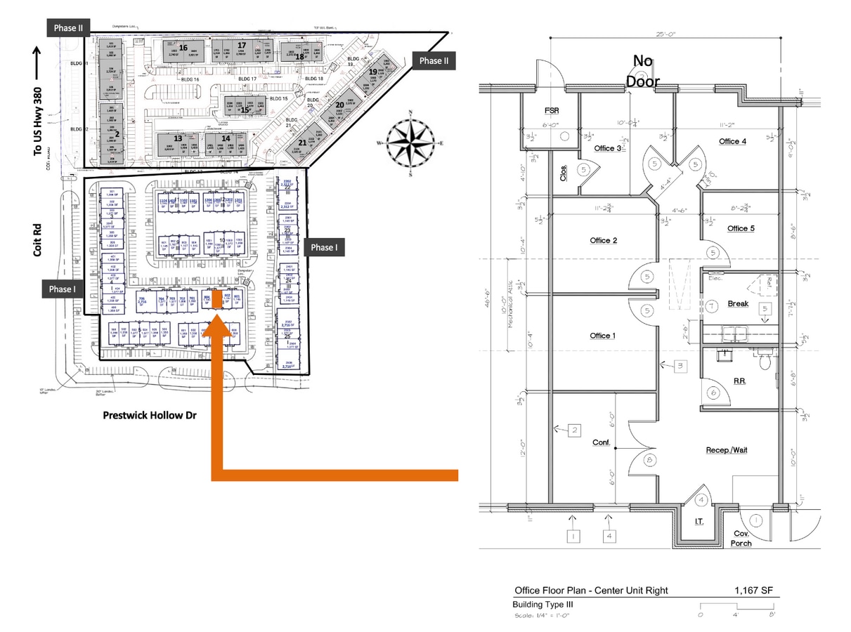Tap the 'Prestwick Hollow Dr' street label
coord(150,416)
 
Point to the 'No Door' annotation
coord(643,71)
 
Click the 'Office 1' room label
coord(604,336)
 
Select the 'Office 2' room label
coord(604,241)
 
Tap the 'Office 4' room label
coord(733,142)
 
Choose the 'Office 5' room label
coord(741,229)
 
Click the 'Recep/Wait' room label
coord(726,449)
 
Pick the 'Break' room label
coord(738,304)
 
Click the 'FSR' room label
coord(552,111)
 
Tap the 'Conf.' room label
coord(601,443)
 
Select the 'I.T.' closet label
coord(699,522)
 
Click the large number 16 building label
coord(183,48)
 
